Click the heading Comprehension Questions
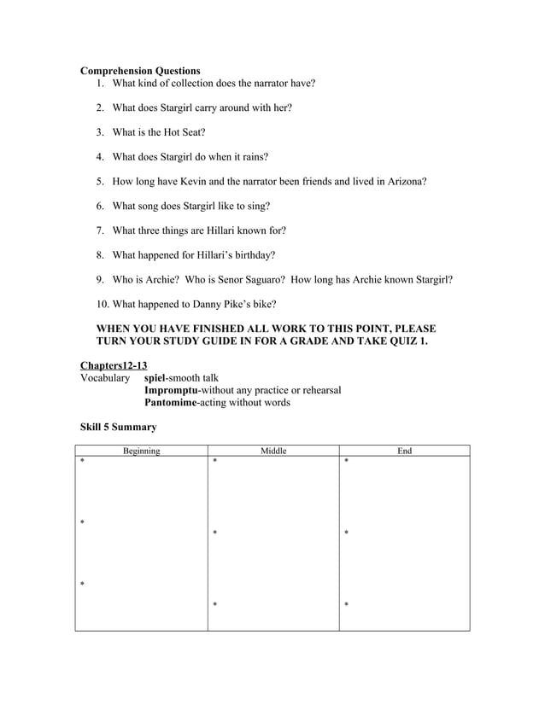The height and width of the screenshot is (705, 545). (x=140, y=71)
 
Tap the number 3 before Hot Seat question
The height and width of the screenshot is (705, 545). (x=100, y=132)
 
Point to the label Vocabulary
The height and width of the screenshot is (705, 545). (x=105, y=377)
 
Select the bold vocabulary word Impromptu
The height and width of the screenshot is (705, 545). (x=174, y=390)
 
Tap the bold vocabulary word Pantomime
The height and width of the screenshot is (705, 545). (x=173, y=402)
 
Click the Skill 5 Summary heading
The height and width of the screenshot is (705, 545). (x=118, y=427)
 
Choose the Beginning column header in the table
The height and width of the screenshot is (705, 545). (x=141, y=451)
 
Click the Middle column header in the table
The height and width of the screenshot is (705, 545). (x=273, y=451)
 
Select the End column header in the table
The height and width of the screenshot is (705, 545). (x=405, y=451)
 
